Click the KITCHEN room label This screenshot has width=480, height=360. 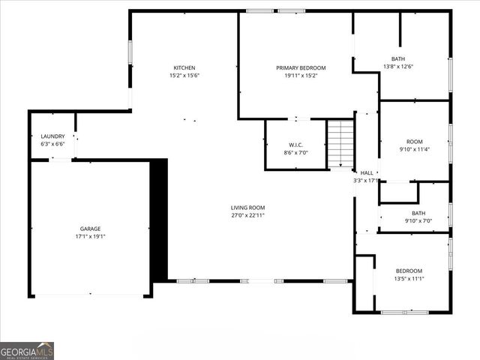tap(184, 67)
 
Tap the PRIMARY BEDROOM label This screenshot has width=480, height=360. tap(301, 67)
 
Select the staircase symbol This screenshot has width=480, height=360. tap(341, 144)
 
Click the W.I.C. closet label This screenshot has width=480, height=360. tap(295, 145)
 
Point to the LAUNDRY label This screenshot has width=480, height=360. tap(52, 136)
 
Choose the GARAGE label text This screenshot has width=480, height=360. tap(91, 229)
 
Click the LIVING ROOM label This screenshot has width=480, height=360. tap(247, 208)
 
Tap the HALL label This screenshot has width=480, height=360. tap(367, 172)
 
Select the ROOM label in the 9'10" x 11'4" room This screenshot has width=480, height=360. tap(415, 141)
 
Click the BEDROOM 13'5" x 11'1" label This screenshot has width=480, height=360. tap(409, 271)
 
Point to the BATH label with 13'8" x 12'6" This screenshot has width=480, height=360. tap(398, 58)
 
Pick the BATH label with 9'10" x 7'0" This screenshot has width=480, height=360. tap(418, 213)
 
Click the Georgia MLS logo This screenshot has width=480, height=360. tap(27, 350)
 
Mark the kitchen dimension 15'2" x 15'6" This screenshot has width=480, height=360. tap(184, 75)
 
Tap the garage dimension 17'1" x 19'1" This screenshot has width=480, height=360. tap(91, 236)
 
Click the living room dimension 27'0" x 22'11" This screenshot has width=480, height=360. tap(247, 215)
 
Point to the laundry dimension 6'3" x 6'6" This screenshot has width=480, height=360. tap(52, 144)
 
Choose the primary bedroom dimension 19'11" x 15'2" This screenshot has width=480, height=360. tap(301, 75)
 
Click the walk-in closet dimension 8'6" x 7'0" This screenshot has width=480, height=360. tap(295, 152)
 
